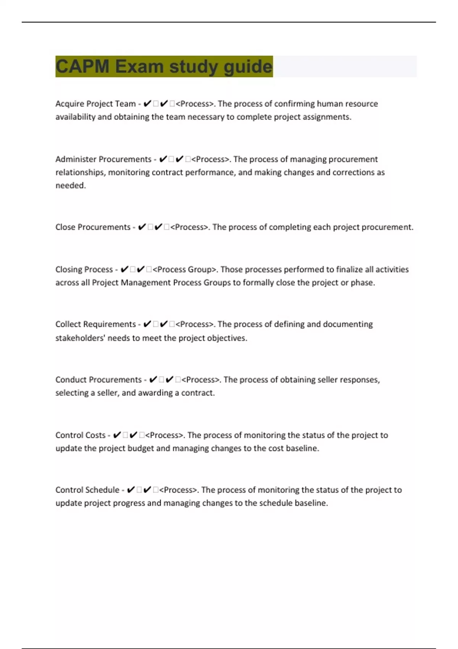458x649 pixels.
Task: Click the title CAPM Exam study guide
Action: click(x=164, y=66)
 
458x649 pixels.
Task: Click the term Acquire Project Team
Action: click(x=95, y=104)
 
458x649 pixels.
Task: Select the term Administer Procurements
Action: click(x=103, y=159)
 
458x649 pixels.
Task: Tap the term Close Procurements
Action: click(x=93, y=227)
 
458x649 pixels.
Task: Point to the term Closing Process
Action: click(x=84, y=270)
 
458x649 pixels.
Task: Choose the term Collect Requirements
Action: click(x=95, y=324)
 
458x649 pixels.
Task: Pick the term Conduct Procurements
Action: click(x=98, y=380)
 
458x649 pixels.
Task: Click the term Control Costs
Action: click(x=80, y=435)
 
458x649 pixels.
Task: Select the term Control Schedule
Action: click(x=87, y=490)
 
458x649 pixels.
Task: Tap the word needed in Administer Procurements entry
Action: click(x=70, y=186)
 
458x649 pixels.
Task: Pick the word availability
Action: click(x=75, y=117)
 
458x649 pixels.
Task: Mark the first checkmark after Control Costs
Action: click(x=117, y=435)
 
